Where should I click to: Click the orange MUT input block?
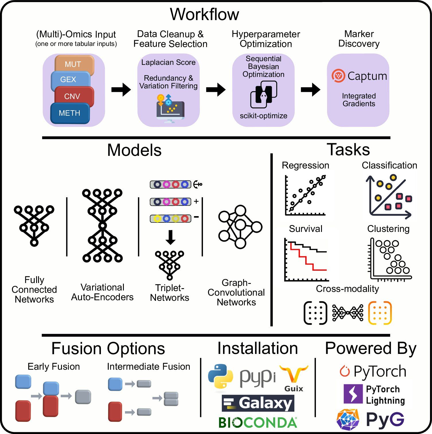tap(74, 64)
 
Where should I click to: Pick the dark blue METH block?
tap(70, 113)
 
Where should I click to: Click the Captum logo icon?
tap(338, 76)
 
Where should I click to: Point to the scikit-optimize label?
tap(263, 116)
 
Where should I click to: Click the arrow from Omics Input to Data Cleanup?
tap(121, 90)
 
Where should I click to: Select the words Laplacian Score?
tap(168, 63)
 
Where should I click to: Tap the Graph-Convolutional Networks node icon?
tap(240, 226)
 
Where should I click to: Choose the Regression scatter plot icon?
tap(306, 195)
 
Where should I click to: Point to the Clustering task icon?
tap(390, 259)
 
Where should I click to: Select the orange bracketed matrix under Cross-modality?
tap(380, 313)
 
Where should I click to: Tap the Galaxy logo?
tap(258, 403)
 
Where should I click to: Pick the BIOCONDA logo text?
tap(257, 423)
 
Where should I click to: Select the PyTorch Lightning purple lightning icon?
tap(353, 394)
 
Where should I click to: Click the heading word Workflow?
tap(204, 14)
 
